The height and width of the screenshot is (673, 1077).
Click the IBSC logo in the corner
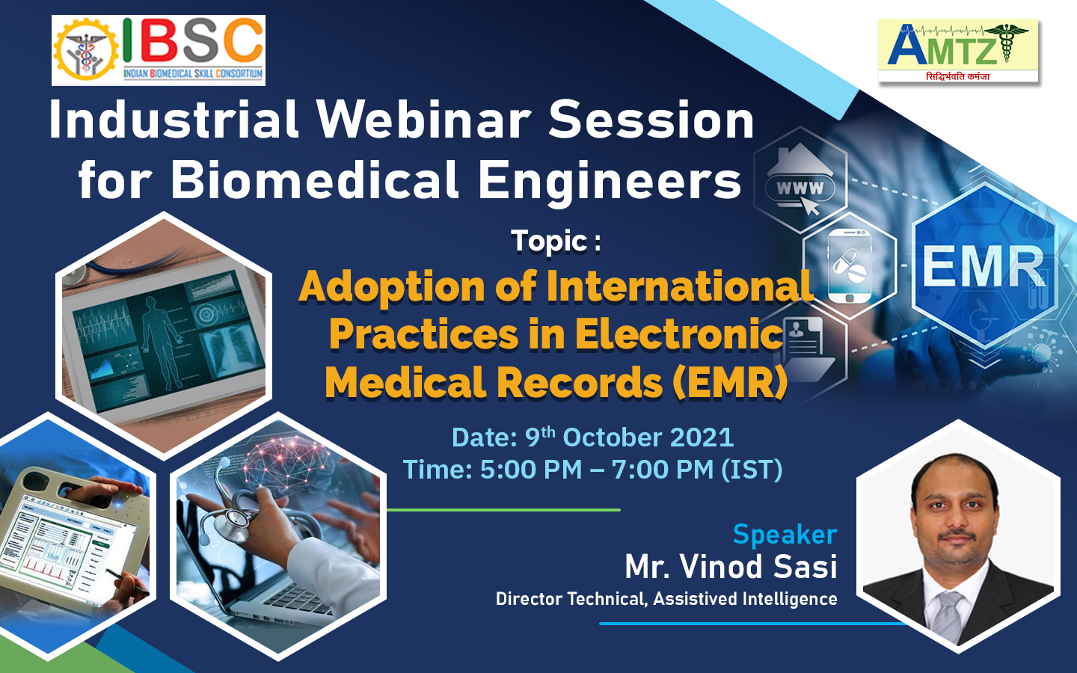point(159,51)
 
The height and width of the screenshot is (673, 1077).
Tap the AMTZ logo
point(958,51)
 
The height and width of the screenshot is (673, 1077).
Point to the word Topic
point(549,241)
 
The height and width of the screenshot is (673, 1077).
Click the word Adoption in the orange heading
point(392,288)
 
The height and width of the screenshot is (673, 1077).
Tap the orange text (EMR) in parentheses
point(729,382)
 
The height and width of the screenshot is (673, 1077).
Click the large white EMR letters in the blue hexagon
point(984,266)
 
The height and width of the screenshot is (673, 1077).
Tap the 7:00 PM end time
point(663,470)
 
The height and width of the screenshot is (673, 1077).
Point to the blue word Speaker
point(785,535)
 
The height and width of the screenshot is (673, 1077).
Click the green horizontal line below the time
point(503,509)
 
